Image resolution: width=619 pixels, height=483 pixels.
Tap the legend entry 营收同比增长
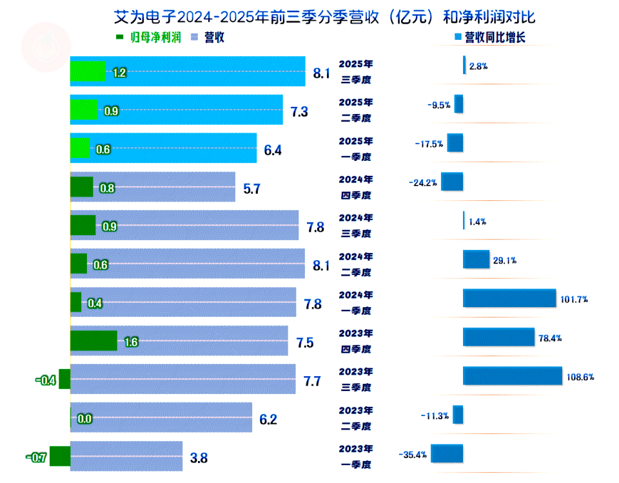489,37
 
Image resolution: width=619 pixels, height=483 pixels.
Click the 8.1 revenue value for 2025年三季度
321,73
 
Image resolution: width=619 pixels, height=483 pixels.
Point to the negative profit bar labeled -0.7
59,457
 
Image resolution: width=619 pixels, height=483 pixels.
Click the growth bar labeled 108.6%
512,376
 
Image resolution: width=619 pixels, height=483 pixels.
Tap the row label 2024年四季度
356,187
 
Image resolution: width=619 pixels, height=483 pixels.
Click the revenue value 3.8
199,458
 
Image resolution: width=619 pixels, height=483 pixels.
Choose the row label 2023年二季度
356,418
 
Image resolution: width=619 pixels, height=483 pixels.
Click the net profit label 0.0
84,419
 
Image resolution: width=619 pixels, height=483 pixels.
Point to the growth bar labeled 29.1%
476,260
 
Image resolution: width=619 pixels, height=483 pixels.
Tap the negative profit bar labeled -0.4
64,380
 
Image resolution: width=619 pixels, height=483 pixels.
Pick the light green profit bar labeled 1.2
88,71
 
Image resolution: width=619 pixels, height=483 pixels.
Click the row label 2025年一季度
356,148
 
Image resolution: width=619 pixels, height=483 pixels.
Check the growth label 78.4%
549,338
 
